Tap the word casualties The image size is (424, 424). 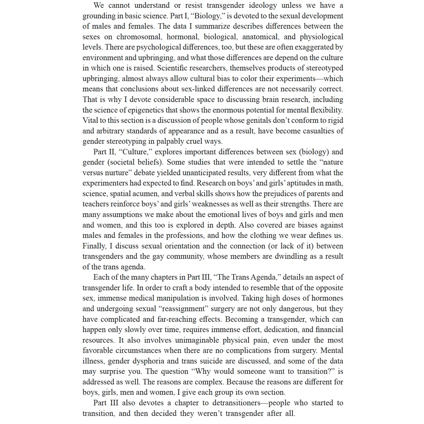pyautogui.click(x=317, y=131)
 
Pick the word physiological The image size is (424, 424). pyautogui.click(x=321, y=37)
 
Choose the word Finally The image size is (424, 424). pyautogui.click(x=94, y=246)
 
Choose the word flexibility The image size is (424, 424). pyautogui.click(x=324, y=110)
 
